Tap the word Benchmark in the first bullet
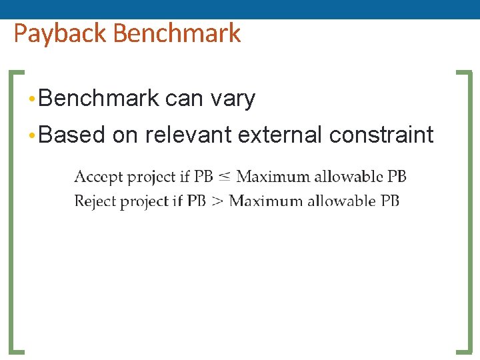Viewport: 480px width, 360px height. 99,99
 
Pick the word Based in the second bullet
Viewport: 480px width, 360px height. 72,135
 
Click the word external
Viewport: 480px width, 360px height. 280,135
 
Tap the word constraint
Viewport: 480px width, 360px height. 381,135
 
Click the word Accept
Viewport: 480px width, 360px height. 98,177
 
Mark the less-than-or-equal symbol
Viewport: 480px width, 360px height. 225,177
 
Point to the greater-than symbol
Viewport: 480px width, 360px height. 217,201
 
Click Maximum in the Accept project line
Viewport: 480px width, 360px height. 273,177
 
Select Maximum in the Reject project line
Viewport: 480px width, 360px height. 265,201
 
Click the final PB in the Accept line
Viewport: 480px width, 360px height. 397,177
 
